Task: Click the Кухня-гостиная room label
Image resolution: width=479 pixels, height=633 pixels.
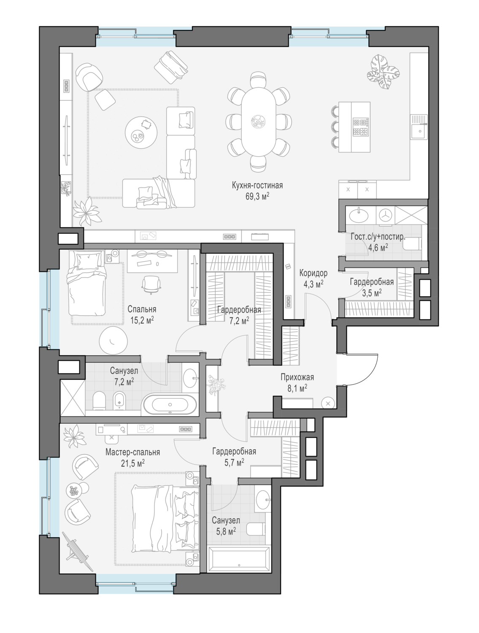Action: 257,185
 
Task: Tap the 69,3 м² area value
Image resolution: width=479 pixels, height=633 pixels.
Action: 257,196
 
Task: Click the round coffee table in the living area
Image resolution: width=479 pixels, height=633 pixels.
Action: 141,133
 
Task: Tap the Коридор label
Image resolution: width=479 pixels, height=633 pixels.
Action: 313,273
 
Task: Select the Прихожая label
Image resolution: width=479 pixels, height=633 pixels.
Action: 298,377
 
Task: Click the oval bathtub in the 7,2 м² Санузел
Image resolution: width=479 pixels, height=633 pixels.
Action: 170,404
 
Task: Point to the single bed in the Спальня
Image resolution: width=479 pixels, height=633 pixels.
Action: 86,283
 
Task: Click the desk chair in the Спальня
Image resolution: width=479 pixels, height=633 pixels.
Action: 151,284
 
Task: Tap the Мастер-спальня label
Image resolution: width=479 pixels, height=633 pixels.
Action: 133,452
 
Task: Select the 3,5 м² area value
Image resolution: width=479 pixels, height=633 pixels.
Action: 372,293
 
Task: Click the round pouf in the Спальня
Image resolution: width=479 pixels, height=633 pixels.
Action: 113,341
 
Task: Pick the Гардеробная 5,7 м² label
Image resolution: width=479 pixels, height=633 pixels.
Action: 234,457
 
